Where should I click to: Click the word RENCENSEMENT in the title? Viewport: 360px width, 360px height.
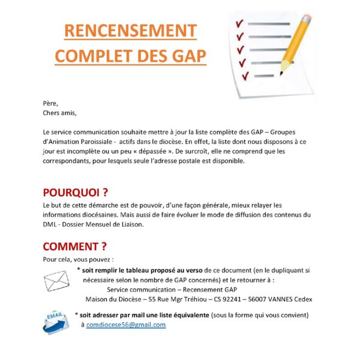[x=130, y=31]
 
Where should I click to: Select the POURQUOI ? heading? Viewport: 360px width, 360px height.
[x=76, y=193]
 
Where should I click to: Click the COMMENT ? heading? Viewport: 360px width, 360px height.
[x=75, y=247]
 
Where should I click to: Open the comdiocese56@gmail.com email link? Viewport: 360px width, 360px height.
[x=126, y=325]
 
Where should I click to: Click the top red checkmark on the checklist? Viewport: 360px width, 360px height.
[x=239, y=23]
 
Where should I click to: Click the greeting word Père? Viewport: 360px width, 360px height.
[x=51, y=103]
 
